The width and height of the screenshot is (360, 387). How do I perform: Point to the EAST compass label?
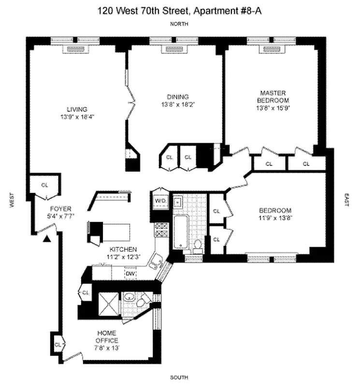(346, 200)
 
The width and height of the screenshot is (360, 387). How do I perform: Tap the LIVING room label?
(77, 109)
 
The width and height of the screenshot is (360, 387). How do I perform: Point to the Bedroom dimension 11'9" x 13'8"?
(275, 218)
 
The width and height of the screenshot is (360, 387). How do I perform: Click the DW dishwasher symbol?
(130, 274)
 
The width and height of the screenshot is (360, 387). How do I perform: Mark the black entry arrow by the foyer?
(47, 238)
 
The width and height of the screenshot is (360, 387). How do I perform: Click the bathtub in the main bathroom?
(180, 233)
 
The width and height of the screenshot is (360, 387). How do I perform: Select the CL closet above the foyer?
(44, 185)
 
